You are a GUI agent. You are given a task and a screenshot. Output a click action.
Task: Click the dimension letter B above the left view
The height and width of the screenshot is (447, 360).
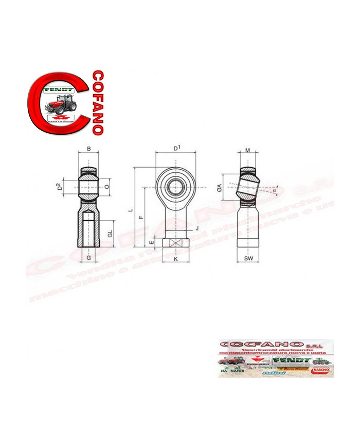click(89, 149)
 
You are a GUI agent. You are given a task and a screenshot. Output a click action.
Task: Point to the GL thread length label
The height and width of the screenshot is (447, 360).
click(110, 234)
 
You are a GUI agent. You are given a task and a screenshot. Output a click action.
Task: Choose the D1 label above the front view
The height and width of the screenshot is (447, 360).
click(177, 149)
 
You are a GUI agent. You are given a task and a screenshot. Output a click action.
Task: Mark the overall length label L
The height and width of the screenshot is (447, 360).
click(131, 210)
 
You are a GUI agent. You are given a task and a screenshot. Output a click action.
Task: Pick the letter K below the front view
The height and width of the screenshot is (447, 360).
click(176, 259)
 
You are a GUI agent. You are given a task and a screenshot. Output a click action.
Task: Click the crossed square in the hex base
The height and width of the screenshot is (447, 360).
click(176, 244)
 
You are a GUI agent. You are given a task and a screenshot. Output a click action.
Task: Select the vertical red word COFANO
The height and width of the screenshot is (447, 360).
click(99, 102)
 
